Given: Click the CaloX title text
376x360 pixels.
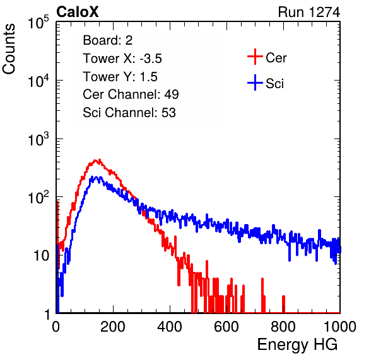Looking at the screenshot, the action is pyautogui.click(x=78, y=12).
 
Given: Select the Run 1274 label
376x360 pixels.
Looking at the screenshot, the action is pyautogui.click(x=309, y=12).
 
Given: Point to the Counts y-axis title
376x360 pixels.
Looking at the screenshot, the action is pyautogui.click(x=9, y=49).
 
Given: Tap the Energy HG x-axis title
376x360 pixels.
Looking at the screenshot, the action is pyautogui.click(x=297, y=345).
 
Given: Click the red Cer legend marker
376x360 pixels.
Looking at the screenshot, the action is pyautogui.click(x=255, y=57).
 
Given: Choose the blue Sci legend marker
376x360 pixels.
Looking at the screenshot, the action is pyautogui.click(x=255, y=83).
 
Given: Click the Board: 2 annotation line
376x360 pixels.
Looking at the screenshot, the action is pyautogui.click(x=108, y=40).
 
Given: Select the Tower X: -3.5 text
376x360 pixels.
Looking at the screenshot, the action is pyautogui.click(x=122, y=59).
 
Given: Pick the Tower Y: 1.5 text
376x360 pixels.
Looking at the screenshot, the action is pyautogui.click(x=120, y=77).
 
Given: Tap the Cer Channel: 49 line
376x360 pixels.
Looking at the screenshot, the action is pyautogui.click(x=131, y=94).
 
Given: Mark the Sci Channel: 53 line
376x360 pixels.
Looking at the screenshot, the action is pyautogui.click(x=129, y=113).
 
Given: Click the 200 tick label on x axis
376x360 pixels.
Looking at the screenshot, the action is pyautogui.click(x=113, y=327).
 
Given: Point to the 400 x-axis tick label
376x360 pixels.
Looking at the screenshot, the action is pyautogui.click(x=170, y=327).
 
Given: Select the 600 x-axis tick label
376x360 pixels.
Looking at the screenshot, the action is pyautogui.click(x=226, y=327).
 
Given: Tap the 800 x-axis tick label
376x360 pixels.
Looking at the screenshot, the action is pyautogui.click(x=283, y=327).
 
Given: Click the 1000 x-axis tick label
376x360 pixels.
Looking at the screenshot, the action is pyautogui.click(x=340, y=327).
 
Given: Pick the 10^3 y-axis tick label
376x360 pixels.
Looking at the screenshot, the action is pyautogui.click(x=38, y=139).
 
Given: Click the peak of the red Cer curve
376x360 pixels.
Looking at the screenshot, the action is pyautogui.click(x=99, y=160).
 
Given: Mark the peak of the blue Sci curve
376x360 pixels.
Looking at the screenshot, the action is pyautogui.click(x=97, y=177).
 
